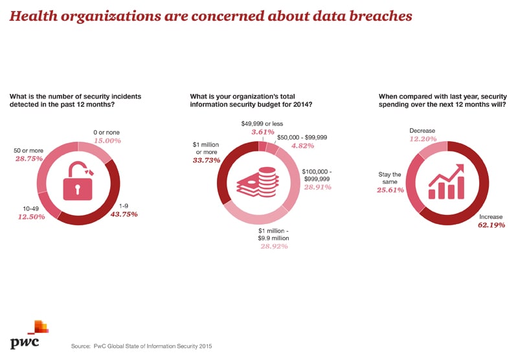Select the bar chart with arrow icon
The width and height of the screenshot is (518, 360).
446,181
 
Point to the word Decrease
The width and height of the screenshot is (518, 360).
422,131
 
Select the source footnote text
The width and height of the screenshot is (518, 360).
141,346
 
